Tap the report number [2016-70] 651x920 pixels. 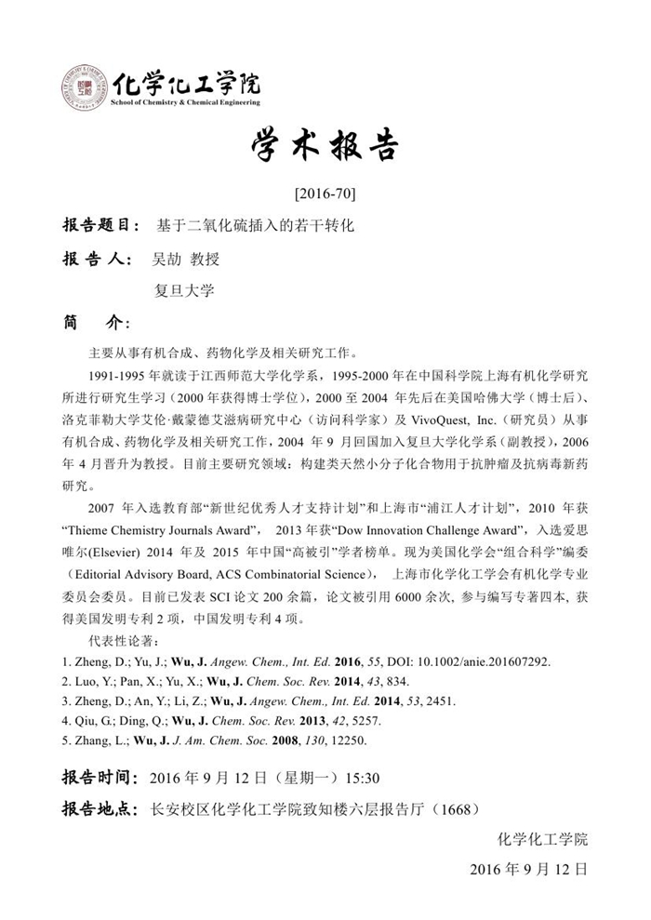click(x=325, y=194)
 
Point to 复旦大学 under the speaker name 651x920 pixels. click(x=183, y=290)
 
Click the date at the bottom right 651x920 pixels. click(x=528, y=871)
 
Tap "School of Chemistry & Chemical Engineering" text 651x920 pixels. click(x=185, y=102)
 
